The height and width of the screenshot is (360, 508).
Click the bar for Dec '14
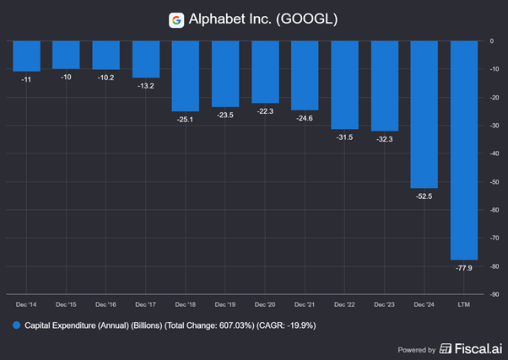point(27,56)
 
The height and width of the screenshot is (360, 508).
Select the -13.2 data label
point(147,86)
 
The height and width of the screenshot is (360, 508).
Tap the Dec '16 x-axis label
point(107,304)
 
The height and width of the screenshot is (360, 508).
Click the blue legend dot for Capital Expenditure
point(16,325)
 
